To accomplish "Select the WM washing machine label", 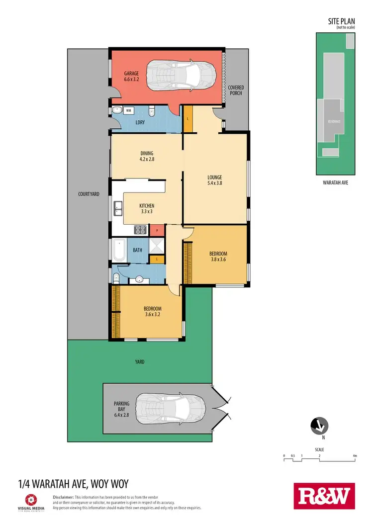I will pos(128,110).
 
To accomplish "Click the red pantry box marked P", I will pos(157,230).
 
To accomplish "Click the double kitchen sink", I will pos(118,209).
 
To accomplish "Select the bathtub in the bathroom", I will pos(119,251).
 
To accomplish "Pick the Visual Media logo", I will pos(31,502).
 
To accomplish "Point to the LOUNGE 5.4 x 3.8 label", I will pos(215,180).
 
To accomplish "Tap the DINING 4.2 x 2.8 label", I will pos(147,156).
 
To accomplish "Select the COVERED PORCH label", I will pos(236,90).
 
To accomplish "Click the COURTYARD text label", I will pos(90,194).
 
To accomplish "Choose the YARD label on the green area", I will pos(140,362).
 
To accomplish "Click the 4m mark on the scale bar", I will pos(354,455).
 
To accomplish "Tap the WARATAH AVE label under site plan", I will pos(336,182).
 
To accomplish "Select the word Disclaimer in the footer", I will pos(63,497).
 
